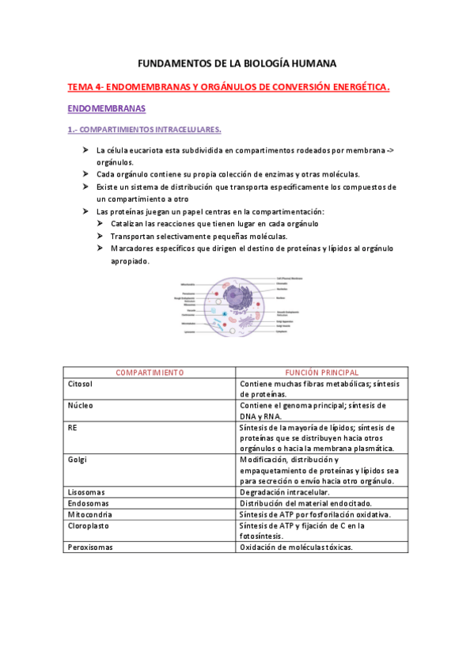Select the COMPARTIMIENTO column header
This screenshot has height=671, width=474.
150,372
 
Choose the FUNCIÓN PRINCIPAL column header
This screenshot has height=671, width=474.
321,372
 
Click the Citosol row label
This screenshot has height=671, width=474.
82,383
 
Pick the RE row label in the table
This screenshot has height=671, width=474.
74,427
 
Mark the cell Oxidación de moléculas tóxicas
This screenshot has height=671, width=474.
296,547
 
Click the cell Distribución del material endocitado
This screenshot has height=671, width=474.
310,502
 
